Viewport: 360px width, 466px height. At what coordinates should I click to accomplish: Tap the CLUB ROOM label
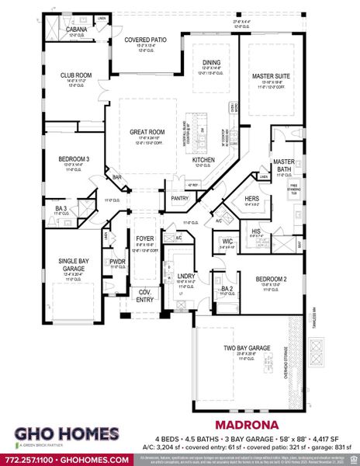click(78, 75)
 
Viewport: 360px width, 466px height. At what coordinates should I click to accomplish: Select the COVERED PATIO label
click(146, 40)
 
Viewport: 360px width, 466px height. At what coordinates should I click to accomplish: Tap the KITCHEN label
click(204, 159)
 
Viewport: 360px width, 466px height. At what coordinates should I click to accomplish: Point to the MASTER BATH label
click(284, 165)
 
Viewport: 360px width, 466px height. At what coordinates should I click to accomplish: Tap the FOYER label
click(146, 239)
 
